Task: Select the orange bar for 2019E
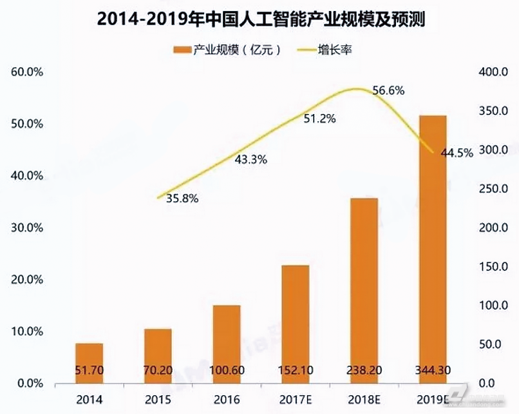coord(432,245)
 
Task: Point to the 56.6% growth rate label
coord(388,91)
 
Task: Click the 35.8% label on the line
coord(182,199)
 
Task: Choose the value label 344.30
coord(432,370)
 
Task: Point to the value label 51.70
coord(89,370)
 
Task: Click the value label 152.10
coord(295,370)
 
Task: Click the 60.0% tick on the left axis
coord(28,72)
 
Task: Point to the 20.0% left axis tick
coord(28,280)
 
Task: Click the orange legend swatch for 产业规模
coord(182,50)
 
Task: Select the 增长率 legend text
coord(334,50)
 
